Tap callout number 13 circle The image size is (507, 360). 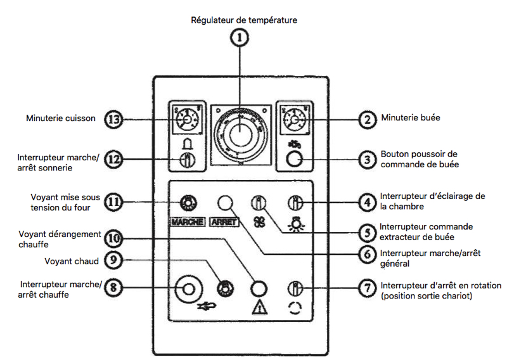pyautogui.click(x=113, y=119)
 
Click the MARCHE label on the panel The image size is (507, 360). pyautogui.click(x=188, y=222)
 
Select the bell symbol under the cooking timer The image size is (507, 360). pyautogui.click(x=187, y=144)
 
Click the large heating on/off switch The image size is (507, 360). pyautogui.click(x=188, y=290)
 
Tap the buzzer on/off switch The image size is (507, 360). pyautogui.click(x=187, y=160)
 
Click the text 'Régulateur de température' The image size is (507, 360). pyautogui.click(x=244, y=20)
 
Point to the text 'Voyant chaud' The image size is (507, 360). pyautogui.click(x=70, y=260)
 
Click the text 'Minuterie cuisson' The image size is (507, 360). pyautogui.click(x=61, y=118)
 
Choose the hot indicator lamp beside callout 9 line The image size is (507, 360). pyautogui.click(x=223, y=289)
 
